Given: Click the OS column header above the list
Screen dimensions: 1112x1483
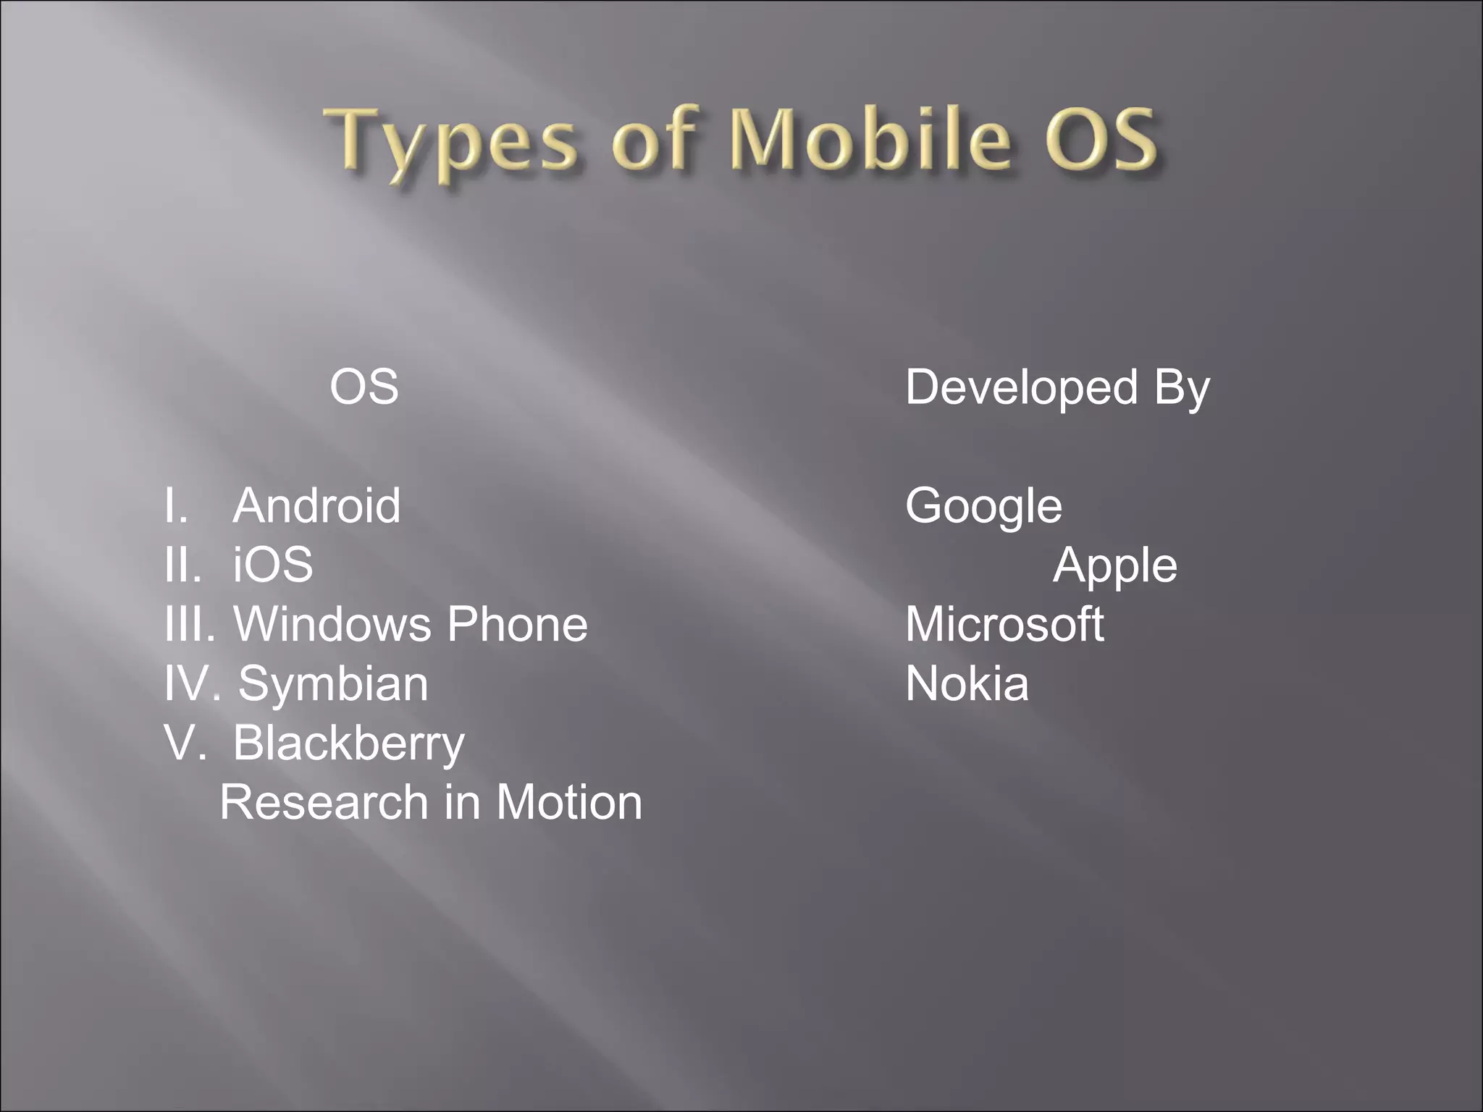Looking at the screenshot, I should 364,387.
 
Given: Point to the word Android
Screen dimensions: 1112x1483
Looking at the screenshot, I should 316,505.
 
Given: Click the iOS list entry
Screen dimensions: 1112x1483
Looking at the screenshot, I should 273,565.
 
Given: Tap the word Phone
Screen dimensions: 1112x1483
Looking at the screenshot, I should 517,624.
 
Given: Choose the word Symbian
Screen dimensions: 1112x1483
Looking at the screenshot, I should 333,683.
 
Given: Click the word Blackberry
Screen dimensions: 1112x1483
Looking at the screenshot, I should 348,744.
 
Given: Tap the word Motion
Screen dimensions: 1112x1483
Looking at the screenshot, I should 569,802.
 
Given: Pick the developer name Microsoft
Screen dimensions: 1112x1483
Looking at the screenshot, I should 1004,624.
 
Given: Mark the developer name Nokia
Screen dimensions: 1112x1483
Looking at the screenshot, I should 967,683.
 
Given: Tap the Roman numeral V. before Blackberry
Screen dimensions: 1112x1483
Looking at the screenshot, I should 185,743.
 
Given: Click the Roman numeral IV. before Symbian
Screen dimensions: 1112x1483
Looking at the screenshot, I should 190,683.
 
